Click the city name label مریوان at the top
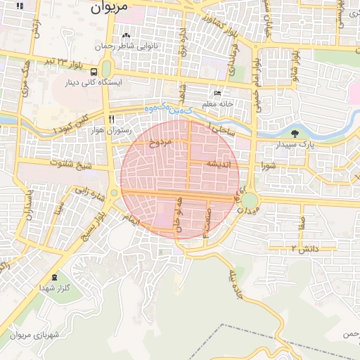(111, 9)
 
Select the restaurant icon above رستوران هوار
(110, 119)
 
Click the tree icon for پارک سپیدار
(294, 134)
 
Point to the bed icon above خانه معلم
(218, 93)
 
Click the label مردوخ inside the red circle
(159, 143)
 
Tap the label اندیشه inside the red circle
(218, 163)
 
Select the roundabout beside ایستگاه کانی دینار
(107, 69)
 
